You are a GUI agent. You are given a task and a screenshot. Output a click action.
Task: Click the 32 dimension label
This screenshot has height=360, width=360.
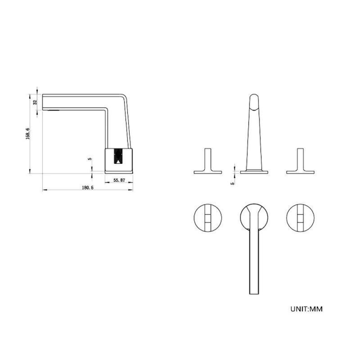35,102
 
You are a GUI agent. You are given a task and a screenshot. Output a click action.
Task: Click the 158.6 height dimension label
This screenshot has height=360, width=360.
28,134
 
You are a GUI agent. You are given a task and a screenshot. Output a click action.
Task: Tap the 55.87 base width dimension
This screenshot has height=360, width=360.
119,180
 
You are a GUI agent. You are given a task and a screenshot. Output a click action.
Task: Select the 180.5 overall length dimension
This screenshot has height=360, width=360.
88,188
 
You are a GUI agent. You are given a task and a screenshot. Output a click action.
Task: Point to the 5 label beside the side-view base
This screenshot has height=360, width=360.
90,159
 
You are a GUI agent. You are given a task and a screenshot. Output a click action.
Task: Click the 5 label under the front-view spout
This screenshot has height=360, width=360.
232,184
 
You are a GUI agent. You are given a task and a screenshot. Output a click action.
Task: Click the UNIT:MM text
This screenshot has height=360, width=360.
306,309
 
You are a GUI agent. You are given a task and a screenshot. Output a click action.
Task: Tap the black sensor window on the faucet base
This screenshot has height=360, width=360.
118,156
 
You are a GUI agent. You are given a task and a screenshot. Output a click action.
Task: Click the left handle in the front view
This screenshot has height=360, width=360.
208,161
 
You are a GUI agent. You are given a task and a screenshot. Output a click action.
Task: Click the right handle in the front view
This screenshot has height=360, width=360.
300,161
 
